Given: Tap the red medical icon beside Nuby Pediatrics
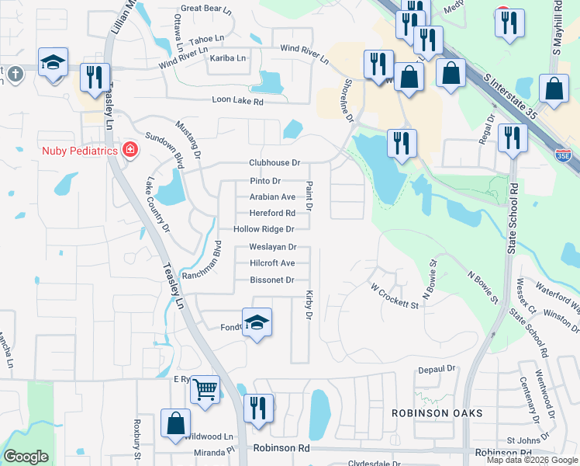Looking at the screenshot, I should (x=129, y=149).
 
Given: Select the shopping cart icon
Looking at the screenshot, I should (x=205, y=389).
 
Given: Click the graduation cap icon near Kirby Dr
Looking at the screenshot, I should (x=257, y=322).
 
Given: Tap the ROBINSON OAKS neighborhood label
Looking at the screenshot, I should (x=437, y=413).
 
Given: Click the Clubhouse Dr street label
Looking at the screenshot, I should (x=274, y=163).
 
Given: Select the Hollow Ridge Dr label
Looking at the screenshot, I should (x=264, y=230).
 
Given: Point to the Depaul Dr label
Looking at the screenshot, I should (x=438, y=370).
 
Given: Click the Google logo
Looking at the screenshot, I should (x=26, y=457).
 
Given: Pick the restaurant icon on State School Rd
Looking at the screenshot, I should (x=513, y=137).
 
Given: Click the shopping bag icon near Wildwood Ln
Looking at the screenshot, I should (x=176, y=423).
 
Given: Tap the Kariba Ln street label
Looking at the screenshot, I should (x=227, y=58).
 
